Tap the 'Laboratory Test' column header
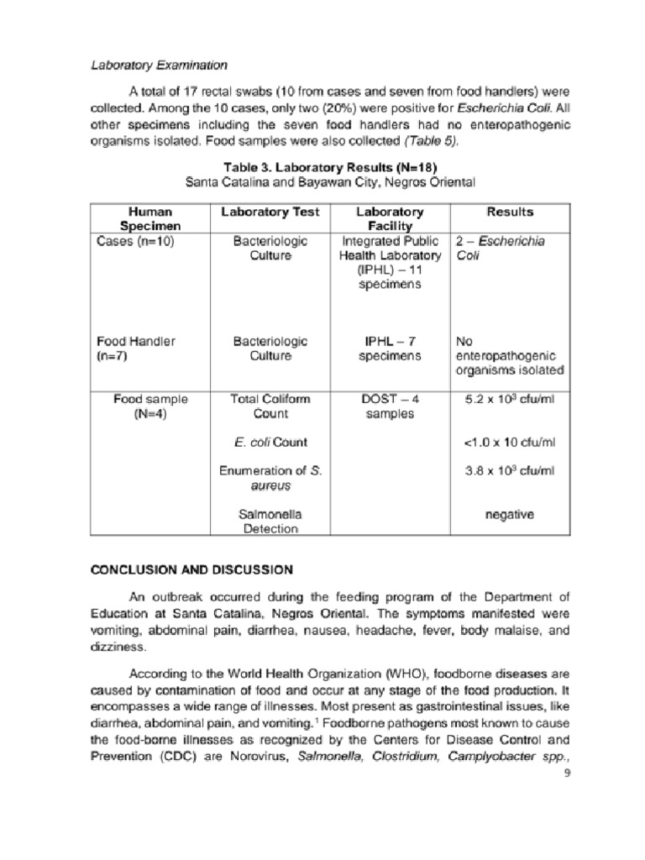coord(270,212)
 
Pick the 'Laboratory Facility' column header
coord(390,219)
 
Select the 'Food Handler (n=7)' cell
coord(135,349)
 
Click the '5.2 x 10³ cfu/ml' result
coord(510,400)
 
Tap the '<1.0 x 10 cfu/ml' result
coord(510,443)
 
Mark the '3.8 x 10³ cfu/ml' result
coord(510,471)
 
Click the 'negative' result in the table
coord(510,514)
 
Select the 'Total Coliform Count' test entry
coord(270,406)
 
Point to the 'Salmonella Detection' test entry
coord(270,522)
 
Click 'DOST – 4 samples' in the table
coord(390,406)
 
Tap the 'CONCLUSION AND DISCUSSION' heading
coord(191,569)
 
